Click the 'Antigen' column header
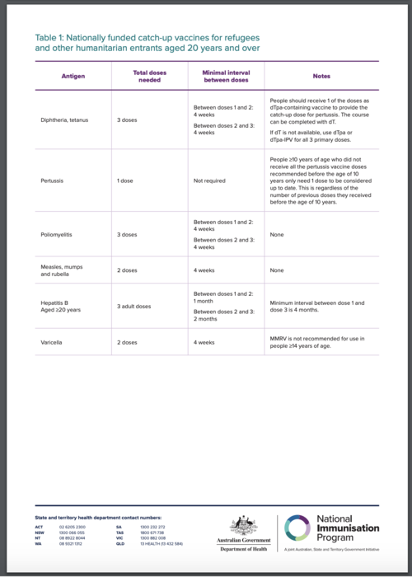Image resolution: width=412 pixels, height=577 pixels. click(73, 76)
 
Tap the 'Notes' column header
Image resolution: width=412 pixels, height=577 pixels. click(321, 76)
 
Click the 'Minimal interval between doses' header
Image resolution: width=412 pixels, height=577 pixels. click(226, 76)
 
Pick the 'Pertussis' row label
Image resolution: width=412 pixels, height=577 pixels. click(54, 180)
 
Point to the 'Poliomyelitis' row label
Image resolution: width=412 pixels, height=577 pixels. click(58, 235)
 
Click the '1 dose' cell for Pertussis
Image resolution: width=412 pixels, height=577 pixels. click(127, 180)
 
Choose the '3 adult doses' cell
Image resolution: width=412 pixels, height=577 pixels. click(134, 306)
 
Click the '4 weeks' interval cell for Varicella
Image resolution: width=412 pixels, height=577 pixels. click(204, 341)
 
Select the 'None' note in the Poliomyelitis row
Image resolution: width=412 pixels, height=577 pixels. click(278, 235)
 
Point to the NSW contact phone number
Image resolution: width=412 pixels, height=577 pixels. click(72, 532)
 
